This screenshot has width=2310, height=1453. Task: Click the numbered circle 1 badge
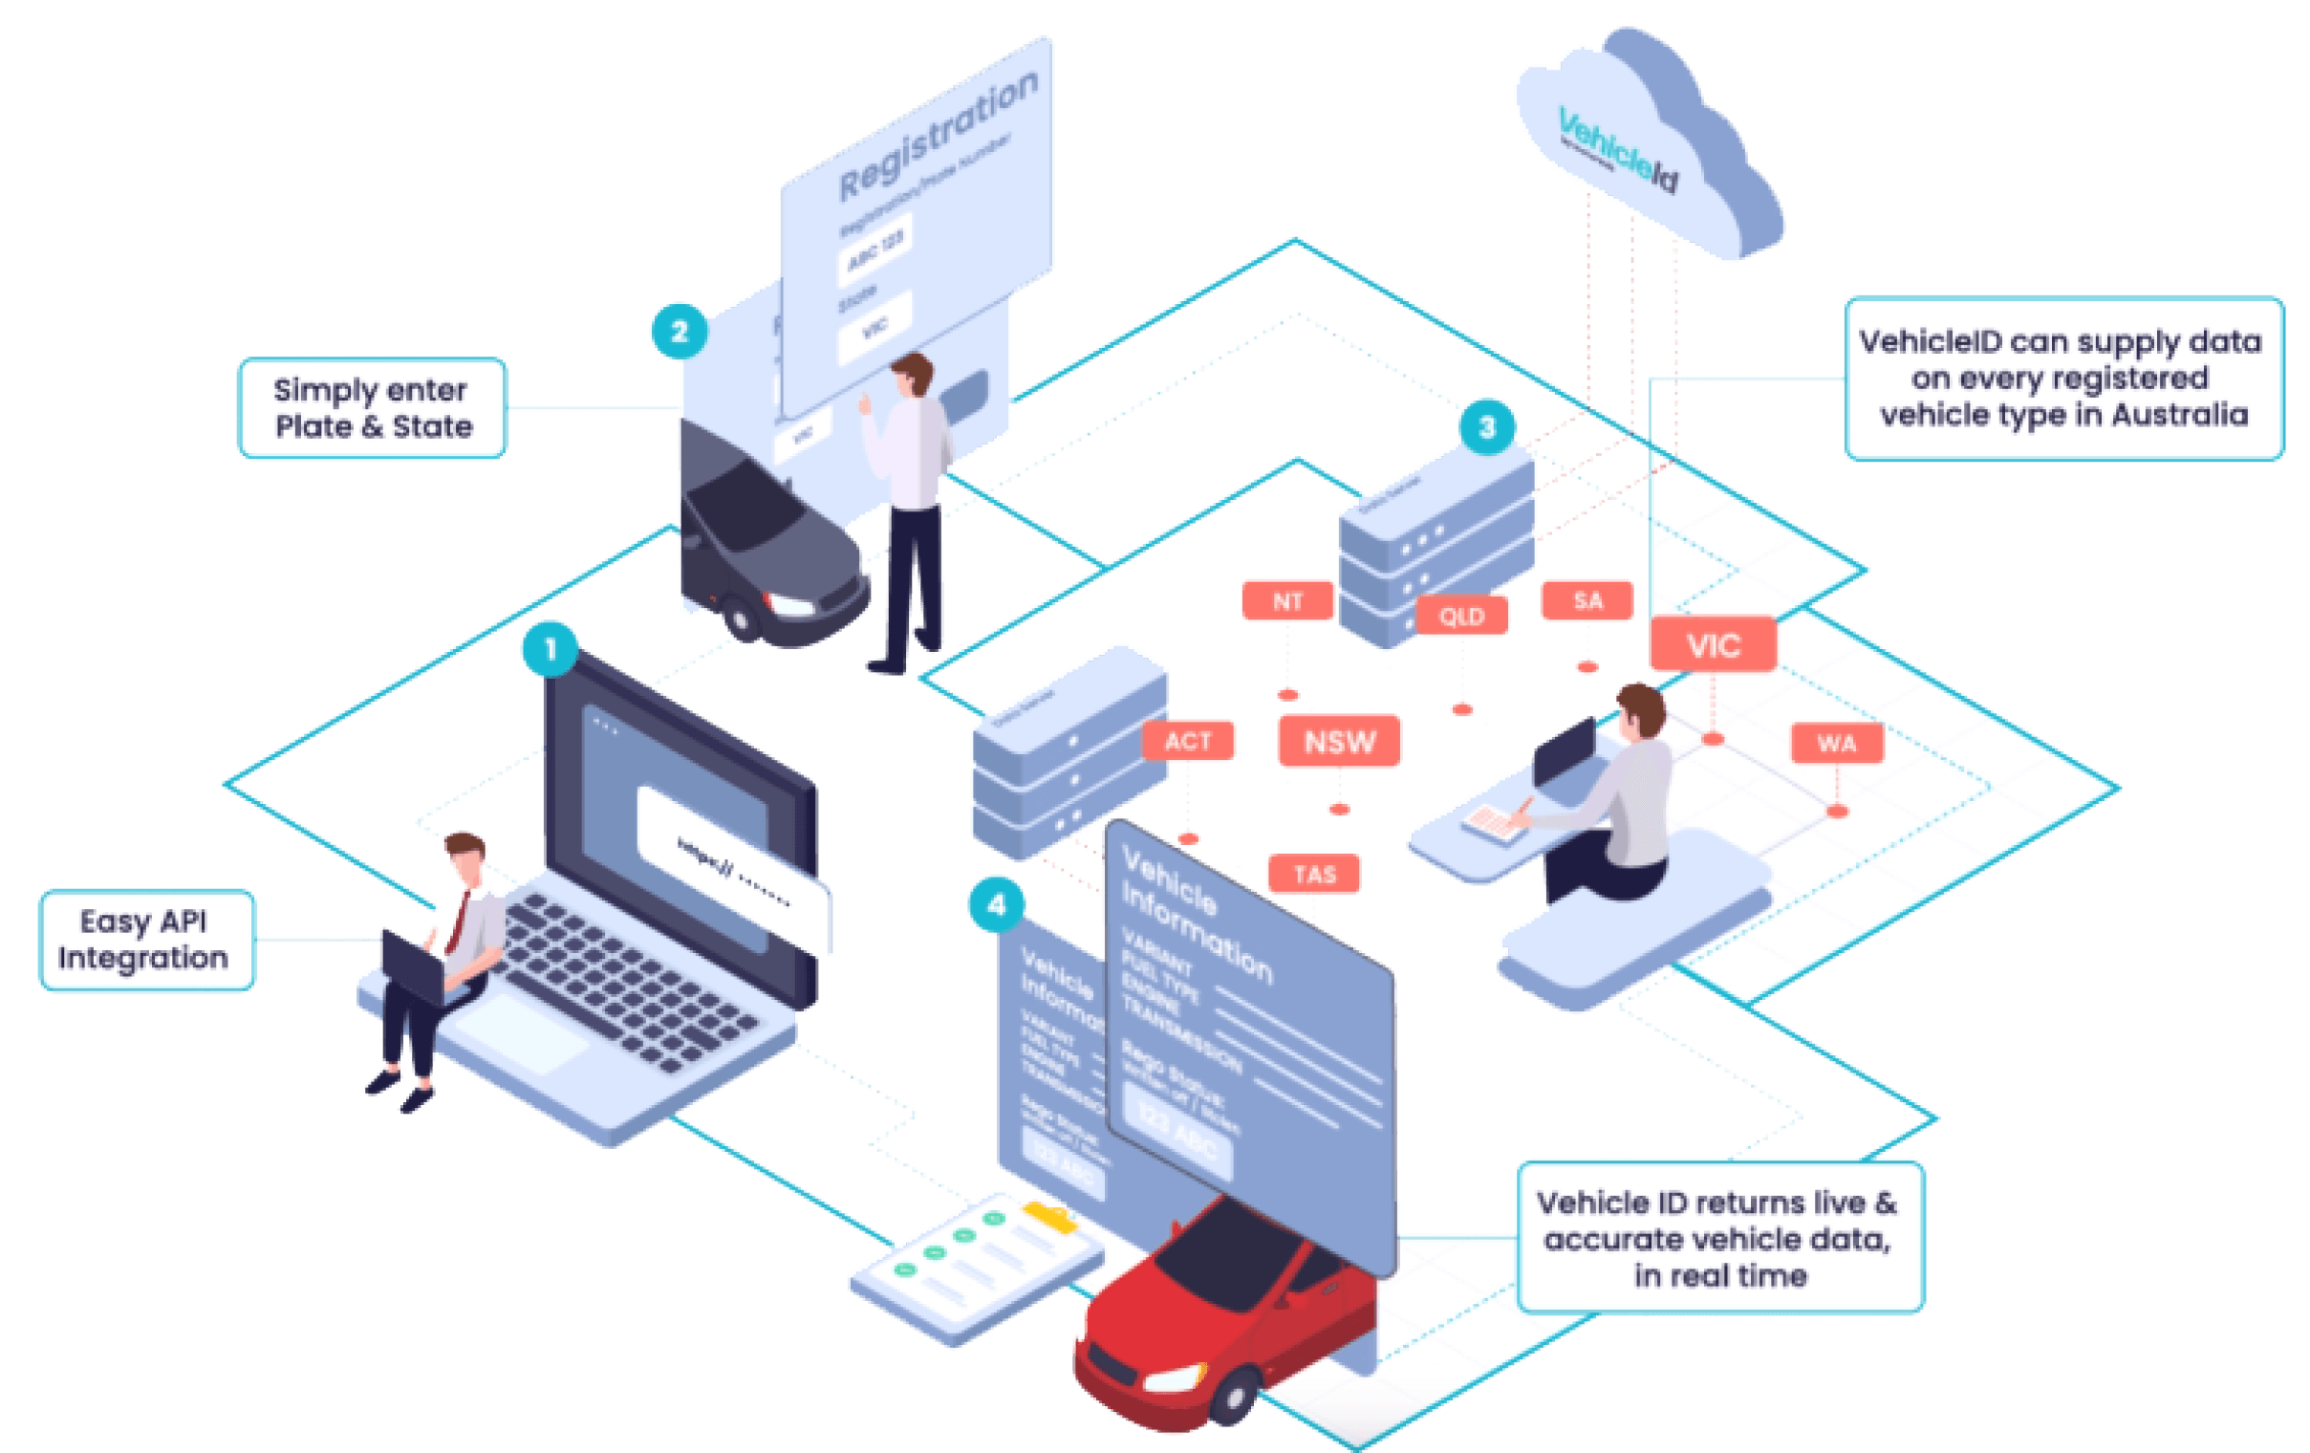point(550,650)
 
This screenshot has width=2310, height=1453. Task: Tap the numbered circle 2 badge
point(680,332)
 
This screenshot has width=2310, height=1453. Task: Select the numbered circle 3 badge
point(1487,427)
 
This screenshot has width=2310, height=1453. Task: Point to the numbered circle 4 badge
point(996,905)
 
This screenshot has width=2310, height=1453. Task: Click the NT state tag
point(1287,601)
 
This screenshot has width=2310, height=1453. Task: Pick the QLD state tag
point(1461,617)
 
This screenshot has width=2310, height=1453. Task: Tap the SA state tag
point(1587,600)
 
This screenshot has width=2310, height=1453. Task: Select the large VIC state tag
point(1714,645)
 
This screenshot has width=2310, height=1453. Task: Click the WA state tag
point(1836,744)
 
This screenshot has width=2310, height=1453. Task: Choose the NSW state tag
point(1339,742)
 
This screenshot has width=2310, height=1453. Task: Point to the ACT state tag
point(1188,741)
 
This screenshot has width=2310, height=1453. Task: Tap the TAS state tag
point(1314,875)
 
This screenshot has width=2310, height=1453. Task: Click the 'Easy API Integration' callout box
point(146,940)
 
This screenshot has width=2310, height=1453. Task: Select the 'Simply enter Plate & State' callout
point(372,409)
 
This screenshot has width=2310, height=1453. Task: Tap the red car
point(1219,1324)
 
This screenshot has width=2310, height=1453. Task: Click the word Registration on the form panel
point(938,135)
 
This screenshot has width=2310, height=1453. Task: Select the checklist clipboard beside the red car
point(974,1262)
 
